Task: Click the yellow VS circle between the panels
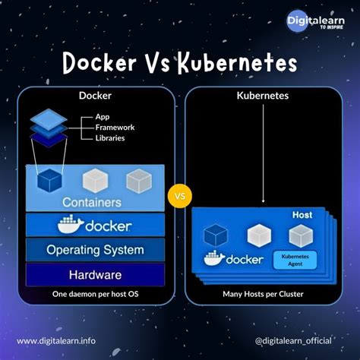click(180, 197)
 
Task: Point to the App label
click(103, 116)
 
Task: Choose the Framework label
click(113, 127)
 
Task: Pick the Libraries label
click(110, 137)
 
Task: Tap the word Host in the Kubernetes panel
click(302, 216)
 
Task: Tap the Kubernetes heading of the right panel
click(262, 96)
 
